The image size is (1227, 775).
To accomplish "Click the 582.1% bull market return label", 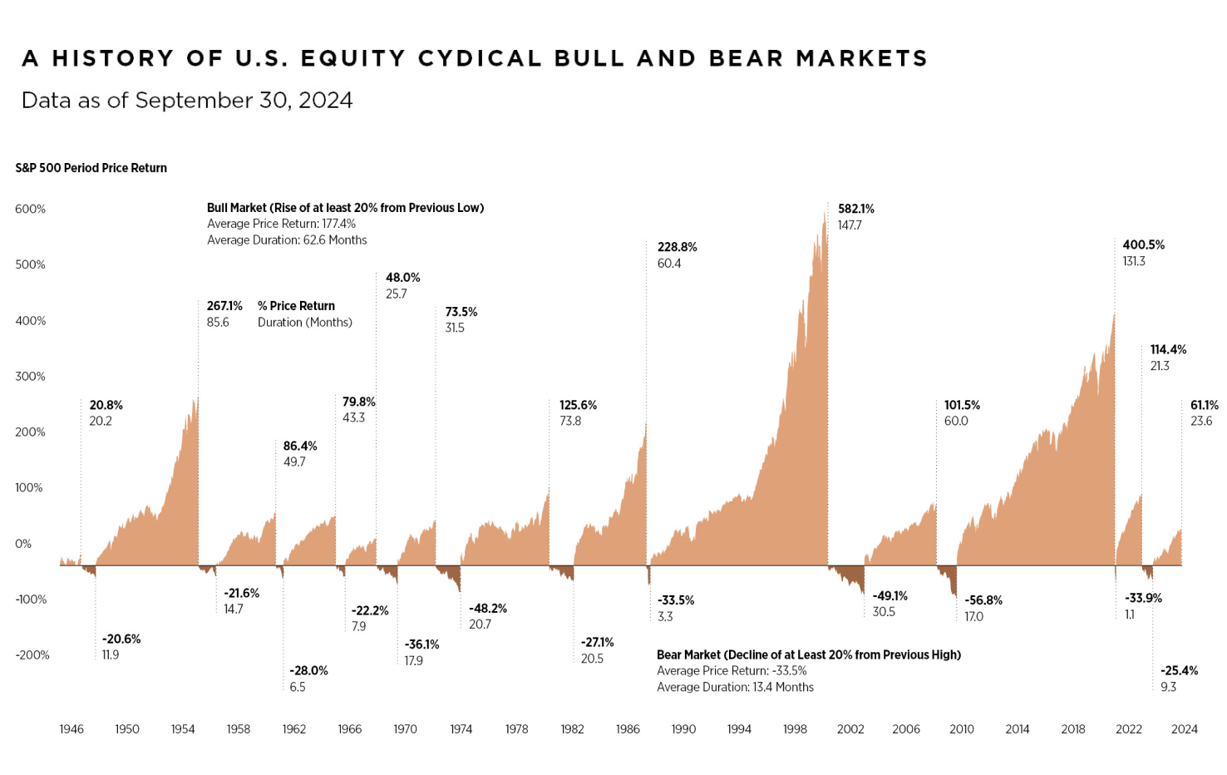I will [x=855, y=209].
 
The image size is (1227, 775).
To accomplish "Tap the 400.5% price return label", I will [x=1143, y=244].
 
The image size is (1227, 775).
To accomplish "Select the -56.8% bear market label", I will [x=983, y=600].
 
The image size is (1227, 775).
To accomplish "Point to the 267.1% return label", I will [x=224, y=306].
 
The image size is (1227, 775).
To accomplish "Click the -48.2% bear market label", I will [x=487, y=609].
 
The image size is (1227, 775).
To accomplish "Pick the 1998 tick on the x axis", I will [x=795, y=729].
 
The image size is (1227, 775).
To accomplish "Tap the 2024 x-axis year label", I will [x=1184, y=729].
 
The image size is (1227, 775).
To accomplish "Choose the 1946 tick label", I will [x=71, y=729].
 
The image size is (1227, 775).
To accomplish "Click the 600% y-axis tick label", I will [x=30, y=209].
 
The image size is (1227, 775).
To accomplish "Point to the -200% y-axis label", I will [x=32, y=655].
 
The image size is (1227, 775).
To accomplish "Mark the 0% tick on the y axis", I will [x=23, y=544].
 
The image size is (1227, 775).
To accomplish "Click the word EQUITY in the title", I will [x=352, y=58].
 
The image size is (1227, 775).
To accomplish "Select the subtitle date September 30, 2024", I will [x=244, y=101].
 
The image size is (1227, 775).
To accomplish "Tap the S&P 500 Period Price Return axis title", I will [x=91, y=168].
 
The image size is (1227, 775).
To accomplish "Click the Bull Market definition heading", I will [x=345, y=208].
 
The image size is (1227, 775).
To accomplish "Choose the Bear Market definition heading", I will [x=808, y=655].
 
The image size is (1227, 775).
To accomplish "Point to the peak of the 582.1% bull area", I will [x=825, y=213].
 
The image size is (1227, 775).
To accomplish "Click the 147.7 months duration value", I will [x=850, y=225].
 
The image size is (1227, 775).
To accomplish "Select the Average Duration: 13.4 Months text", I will [x=735, y=688].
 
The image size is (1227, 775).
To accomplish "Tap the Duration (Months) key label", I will [x=304, y=323].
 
